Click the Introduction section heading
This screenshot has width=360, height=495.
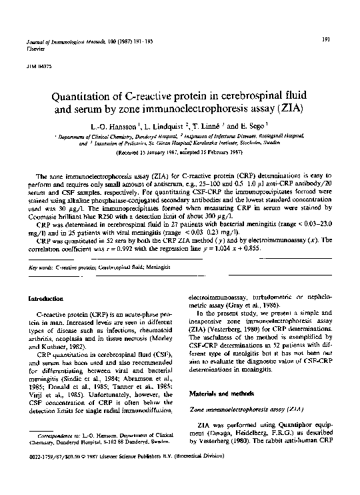(x=46, y=298)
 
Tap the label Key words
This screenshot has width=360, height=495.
(x=41, y=267)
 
